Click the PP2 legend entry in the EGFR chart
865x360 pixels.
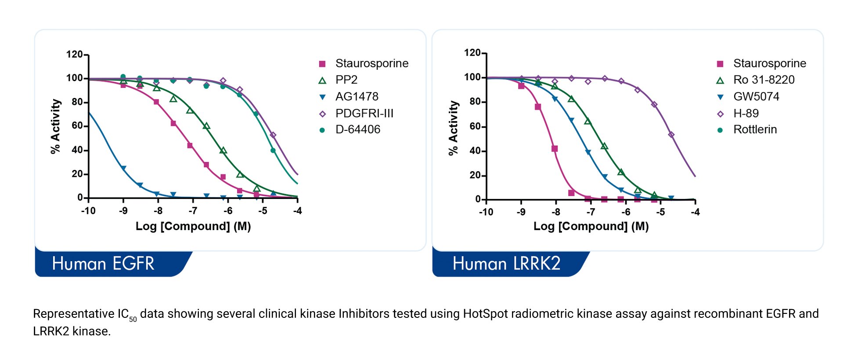coord(346,80)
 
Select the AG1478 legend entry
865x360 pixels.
coord(357,97)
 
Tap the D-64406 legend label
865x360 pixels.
coord(357,130)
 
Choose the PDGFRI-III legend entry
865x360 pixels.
coord(364,113)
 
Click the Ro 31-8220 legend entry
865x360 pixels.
coord(764,80)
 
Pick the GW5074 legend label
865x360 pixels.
coord(756,97)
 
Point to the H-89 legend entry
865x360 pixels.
coord(746,113)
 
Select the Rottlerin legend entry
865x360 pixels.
coord(755,130)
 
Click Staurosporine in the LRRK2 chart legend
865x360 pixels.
coord(769,64)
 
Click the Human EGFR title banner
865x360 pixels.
coord(103,264)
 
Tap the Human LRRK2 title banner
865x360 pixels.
coord(506,264)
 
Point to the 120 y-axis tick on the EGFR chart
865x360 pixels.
coord(74,54)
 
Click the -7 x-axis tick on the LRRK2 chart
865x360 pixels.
coord(591,212)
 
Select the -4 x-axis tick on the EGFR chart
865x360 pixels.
coord(298,211)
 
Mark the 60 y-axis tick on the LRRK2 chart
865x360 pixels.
coord(475,126)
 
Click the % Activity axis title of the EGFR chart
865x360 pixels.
coord(55,126)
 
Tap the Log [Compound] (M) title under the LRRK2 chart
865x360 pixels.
coord(591,227)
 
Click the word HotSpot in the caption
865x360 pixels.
coord(485,314)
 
